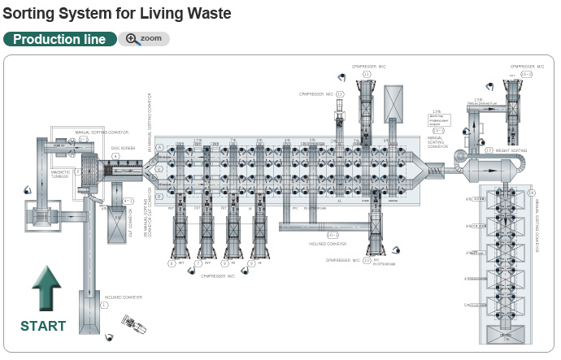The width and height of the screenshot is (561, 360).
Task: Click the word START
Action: coord(43,326)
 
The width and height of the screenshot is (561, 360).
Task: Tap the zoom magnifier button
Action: coord(144,39)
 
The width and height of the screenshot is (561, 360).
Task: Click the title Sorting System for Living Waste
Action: coord(117,13)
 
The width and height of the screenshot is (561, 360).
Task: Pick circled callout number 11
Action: coord(367,75)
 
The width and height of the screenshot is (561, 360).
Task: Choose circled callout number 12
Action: coord(340,94)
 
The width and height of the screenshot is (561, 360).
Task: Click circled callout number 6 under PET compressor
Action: coord(172,263)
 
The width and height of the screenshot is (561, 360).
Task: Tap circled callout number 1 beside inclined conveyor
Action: coord(103,304)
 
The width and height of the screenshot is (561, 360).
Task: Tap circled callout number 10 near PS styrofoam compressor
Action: coord(367,261)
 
